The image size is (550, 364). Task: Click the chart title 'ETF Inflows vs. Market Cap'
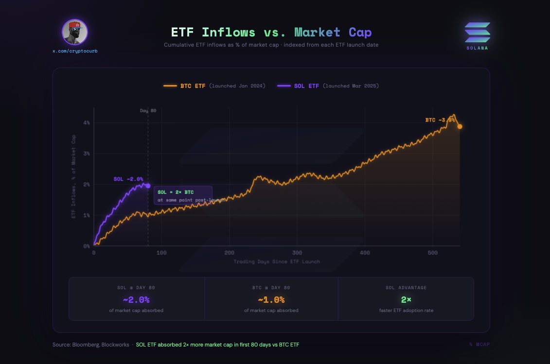[271, 33]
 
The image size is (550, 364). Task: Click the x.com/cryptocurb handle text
[75, 51]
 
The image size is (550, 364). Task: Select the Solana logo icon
[477, 32]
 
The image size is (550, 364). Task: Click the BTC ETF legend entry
[214, 86]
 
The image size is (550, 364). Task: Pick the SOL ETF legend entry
[327, 86]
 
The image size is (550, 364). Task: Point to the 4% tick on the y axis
[86, 123]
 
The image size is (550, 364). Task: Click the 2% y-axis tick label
[86, 185]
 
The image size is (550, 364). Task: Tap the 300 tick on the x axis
[297, 253]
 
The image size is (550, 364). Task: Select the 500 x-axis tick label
[432, 253]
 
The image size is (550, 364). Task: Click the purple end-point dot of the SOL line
[148, 186]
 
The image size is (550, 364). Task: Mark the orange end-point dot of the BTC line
[460, 126]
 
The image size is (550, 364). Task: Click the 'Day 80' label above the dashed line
[148, 111]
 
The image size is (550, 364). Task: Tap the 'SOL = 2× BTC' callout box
[183, 195]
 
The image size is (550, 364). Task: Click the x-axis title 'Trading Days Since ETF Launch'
[276, 261]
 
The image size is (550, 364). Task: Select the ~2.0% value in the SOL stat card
[136, 300]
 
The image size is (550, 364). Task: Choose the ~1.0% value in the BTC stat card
[271, 300]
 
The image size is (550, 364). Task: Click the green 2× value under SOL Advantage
[406, 300]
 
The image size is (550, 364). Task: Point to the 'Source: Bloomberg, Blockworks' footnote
[90, 345]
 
